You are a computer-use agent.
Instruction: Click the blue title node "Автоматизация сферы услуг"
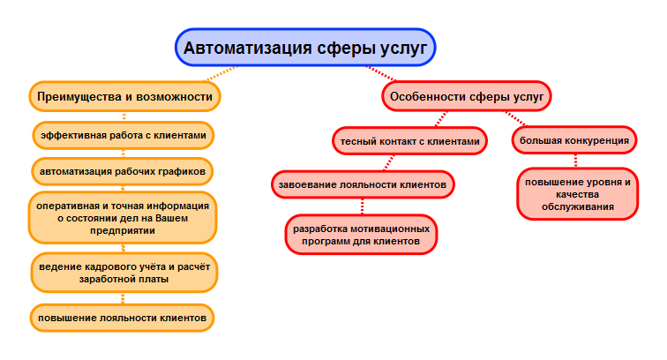[305, 48]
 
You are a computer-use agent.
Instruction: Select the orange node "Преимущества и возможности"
[124, 96]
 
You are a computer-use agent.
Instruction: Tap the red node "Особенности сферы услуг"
[467, 96]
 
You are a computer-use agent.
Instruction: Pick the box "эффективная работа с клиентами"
[124, 135]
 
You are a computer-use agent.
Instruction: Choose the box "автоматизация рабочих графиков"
[123, 171]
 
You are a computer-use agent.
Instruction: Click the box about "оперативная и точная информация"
[123, 218]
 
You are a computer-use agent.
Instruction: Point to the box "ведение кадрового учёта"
[124, 273]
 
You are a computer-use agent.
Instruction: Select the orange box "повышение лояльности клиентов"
[122, 318]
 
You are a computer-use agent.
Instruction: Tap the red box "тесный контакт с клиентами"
[409, 141]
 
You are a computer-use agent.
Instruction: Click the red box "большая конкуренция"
[574, 140]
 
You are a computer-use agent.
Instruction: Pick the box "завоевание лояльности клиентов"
[363, 184]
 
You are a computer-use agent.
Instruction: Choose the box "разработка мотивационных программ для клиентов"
[361, 235]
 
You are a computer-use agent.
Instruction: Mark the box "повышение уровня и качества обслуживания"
[578, 194]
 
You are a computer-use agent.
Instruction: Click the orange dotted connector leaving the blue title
[221, 73]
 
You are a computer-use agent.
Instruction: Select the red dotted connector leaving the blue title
[381, 73]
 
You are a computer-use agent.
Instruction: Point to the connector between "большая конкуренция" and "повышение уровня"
[575, 161]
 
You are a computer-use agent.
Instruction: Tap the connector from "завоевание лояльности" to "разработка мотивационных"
[363, 206]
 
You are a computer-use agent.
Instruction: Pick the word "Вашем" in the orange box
[171, 218]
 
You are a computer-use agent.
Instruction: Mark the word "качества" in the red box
[578, 194]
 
